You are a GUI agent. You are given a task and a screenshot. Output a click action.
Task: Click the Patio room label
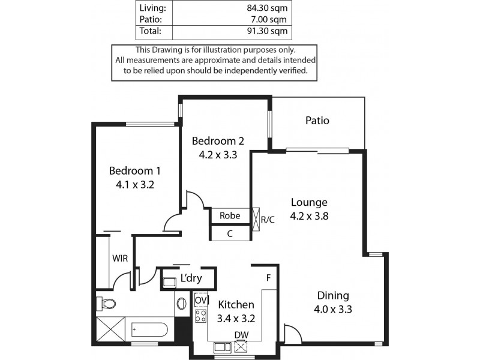pyautogui.click(x=317, y=121)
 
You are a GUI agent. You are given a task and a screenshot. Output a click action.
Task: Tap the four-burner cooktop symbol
pyautogui.click(x=200, y=317)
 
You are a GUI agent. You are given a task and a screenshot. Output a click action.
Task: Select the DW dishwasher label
pyautogui.click(x=242, y=335)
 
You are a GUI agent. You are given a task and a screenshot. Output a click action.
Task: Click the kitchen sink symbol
pyautogui.click(x=221, y=346)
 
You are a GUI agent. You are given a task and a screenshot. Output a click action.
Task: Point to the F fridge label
pyautogui.click(x=269, y=278)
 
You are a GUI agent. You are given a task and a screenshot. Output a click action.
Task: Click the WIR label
pyautogui.click(x=119, y=259)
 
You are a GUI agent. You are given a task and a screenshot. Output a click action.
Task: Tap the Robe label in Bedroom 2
pyautogui.click(x=230, y=216)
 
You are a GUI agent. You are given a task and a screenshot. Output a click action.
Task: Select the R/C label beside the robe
pyautogui.click(x=268, y=219)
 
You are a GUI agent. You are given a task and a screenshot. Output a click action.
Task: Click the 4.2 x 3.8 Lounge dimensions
pyautogui.click(x=309, y=216)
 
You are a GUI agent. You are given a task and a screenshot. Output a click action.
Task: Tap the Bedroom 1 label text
pyautogui.click(x=135, y=171)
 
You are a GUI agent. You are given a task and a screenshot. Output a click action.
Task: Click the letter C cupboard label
pyautogui.click(x=230, y=234)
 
